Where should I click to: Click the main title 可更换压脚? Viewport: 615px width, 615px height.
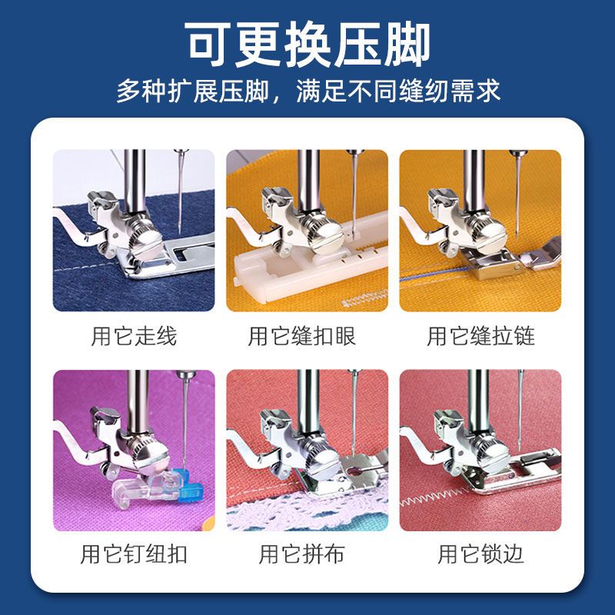point(308,44)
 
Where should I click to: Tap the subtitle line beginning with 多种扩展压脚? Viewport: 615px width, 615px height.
point(308,91)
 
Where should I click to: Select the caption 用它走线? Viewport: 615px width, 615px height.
point(134,336)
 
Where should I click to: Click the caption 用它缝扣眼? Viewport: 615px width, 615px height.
point(301,336)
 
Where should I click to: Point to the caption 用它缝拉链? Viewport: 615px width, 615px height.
point(480,336)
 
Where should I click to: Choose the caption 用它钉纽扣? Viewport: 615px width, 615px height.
point(134,553)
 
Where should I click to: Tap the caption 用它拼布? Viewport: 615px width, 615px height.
point(301,553)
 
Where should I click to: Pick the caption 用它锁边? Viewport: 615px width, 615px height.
point(480,553)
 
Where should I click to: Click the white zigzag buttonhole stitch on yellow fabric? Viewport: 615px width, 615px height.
point(364,299)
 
